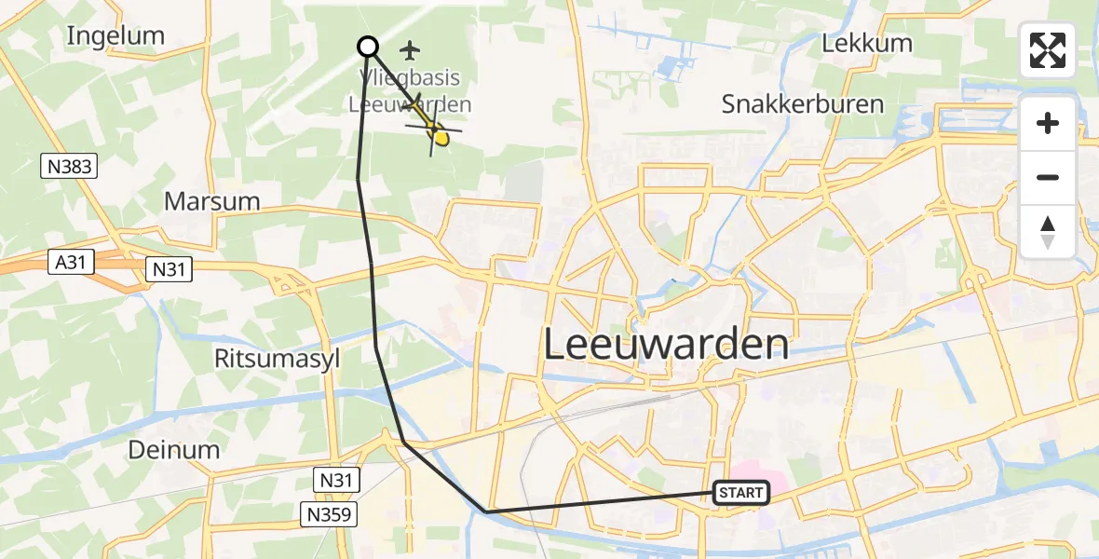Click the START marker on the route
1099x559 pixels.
click(x=741, y=493)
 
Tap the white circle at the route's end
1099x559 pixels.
click(x=368, y=47)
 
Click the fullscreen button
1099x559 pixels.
click(x=1048, y=50)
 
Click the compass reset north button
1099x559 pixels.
click(x=1048, y=232)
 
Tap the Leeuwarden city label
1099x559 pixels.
click(x=665, y=346)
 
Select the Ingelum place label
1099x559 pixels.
click(x=115, y=36)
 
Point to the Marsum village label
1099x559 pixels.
click(x=211, y=201)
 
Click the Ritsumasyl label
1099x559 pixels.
click(x=278, y=359)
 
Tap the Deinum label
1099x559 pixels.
click(x=174, y=450)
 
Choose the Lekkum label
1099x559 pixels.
click(x=867, y=44)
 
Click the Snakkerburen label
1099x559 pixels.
click(x=802, y=104)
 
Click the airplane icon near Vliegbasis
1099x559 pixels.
click(x=410, y=48)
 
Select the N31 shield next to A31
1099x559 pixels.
click(x=170, y=269)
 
